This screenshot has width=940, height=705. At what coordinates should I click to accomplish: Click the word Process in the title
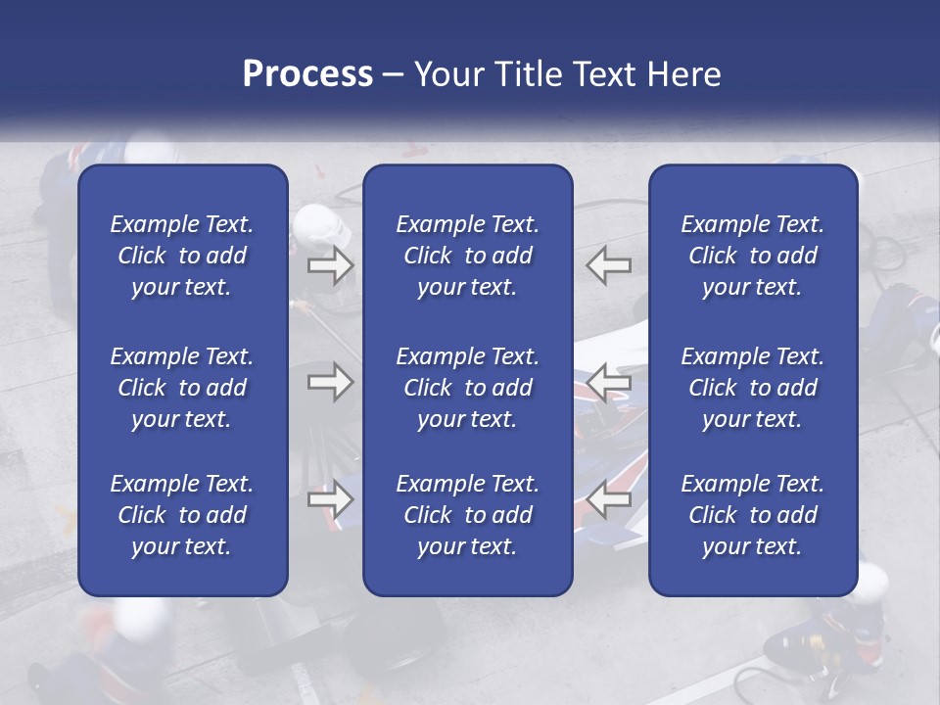click(307, 74)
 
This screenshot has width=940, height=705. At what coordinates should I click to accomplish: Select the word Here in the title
click(684, 74)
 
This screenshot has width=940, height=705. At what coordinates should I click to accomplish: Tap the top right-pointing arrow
click(330, 264)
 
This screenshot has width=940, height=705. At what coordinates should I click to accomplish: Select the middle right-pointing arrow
click(330, 381)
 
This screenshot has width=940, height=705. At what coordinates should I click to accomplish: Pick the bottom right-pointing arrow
click(330, 499)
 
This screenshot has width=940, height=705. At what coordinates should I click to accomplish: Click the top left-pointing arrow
click(610, 264)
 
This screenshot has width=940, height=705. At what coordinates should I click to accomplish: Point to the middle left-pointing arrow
click(610, 381)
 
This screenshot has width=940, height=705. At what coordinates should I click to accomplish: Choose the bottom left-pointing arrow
click(610, 499)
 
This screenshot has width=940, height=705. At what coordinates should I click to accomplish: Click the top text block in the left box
click(182, 256)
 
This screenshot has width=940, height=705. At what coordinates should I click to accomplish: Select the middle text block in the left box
click(182, 388)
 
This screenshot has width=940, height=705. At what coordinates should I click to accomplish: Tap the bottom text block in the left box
click(182, 515)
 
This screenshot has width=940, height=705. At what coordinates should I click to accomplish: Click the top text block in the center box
click(467, 256)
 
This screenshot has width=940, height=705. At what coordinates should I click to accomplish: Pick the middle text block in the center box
click(467, 388)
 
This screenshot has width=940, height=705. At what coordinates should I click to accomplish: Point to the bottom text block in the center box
click(467, 515)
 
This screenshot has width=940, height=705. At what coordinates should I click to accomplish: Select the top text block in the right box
click(752, 256)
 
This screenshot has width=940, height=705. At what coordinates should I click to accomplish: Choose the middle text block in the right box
click(752, 388)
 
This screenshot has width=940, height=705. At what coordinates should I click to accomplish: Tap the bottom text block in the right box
click(752, 515)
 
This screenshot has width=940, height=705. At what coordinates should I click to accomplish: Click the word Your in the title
click(449, 74)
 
